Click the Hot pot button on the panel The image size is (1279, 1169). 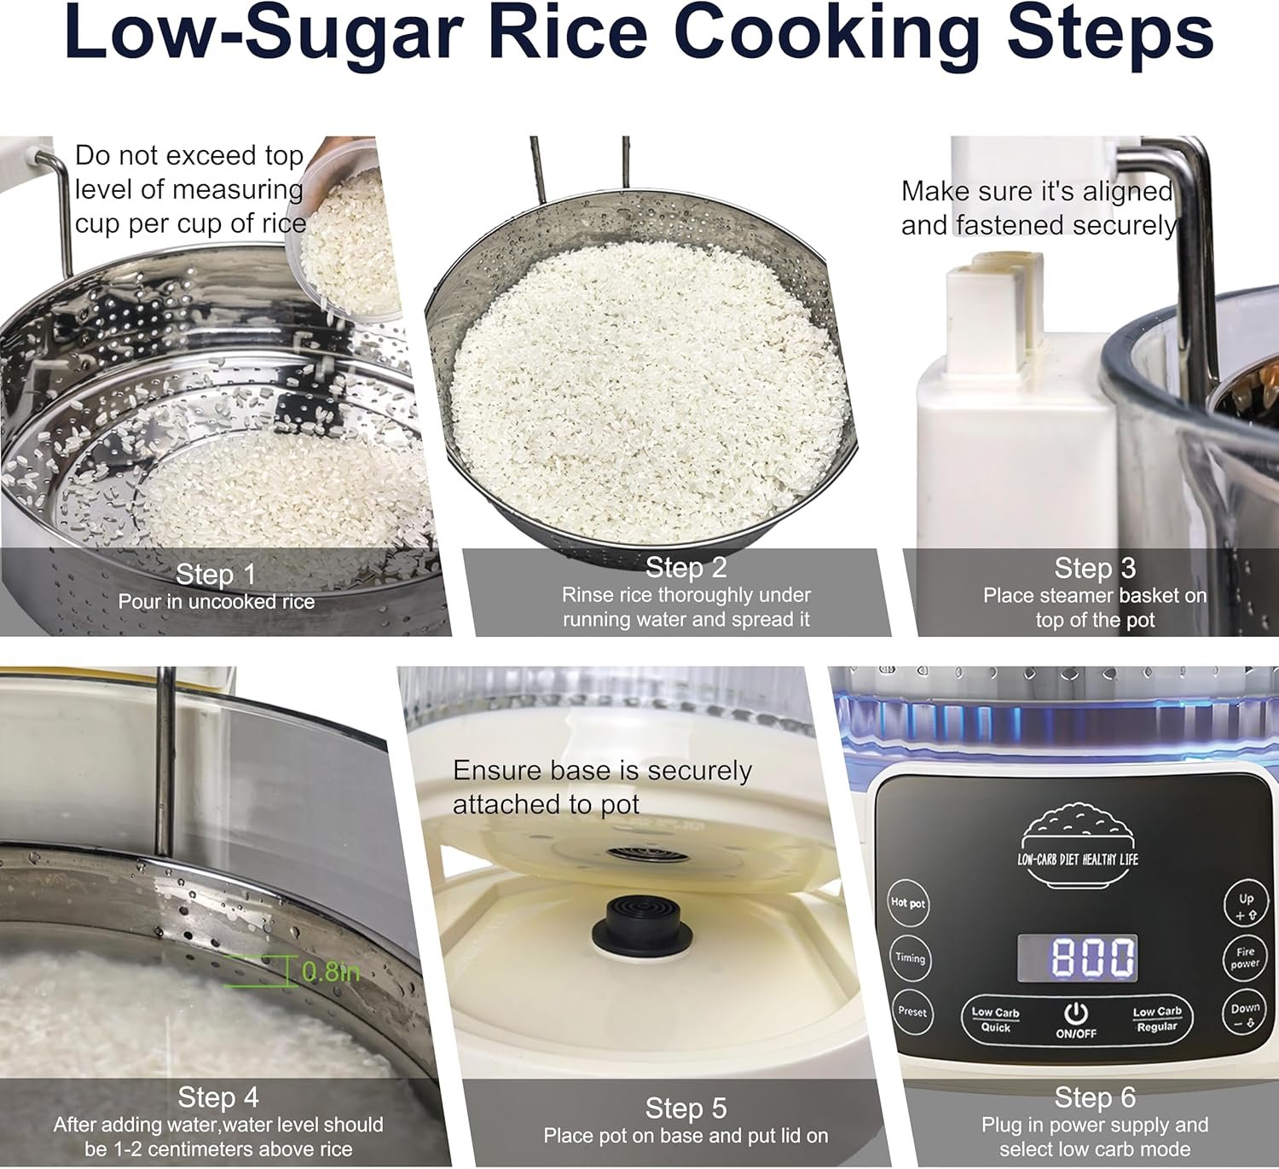click(908, 902)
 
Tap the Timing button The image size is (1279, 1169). click(910, 958)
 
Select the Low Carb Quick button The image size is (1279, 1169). click(995, 1019)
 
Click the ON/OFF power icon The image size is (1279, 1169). click(1075, 1013)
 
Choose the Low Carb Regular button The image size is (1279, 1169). click(1156, 1018)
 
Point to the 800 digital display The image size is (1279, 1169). click(1078, 958)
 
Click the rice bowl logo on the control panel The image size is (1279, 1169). click(1078, 845)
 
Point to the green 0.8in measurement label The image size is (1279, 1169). click(330, 971)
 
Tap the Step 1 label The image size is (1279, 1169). click(216, 574)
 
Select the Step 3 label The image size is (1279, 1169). click(1095, 568)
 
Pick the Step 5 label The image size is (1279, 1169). click(686, 1108)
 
